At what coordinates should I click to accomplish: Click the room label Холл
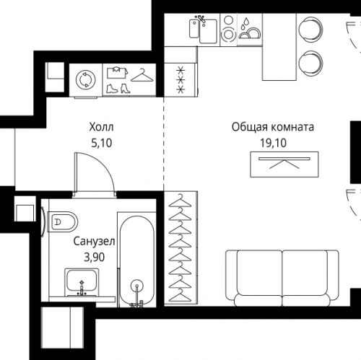101,127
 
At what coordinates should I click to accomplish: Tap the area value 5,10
102,143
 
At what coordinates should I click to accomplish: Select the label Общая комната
273,127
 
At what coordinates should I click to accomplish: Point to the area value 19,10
273,143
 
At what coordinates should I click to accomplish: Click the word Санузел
94,241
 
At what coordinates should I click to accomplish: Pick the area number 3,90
94,257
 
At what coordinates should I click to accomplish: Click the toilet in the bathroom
63,221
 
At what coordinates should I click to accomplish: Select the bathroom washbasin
82,282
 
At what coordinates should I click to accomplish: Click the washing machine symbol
86,79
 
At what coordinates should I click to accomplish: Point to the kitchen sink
204,30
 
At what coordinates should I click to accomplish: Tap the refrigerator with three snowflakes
180,80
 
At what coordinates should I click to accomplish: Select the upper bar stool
310,28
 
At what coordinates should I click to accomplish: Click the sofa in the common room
282,278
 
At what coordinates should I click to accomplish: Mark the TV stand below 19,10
284,164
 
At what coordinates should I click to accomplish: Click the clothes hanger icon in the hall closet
142,75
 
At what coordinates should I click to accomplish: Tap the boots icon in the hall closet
118,88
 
